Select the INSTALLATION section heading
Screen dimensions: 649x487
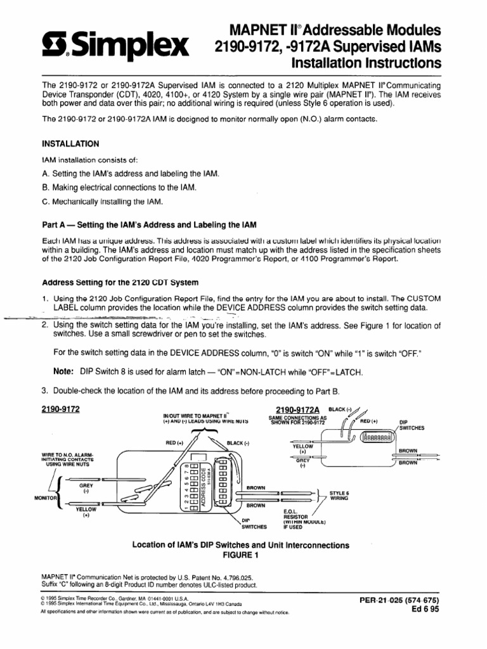point(70,144)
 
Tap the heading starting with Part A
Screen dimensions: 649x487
point(149,226)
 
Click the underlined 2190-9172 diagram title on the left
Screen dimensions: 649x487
point(61,409)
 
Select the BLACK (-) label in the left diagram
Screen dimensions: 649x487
point(238,443)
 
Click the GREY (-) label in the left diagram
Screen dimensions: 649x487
point(86,488)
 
